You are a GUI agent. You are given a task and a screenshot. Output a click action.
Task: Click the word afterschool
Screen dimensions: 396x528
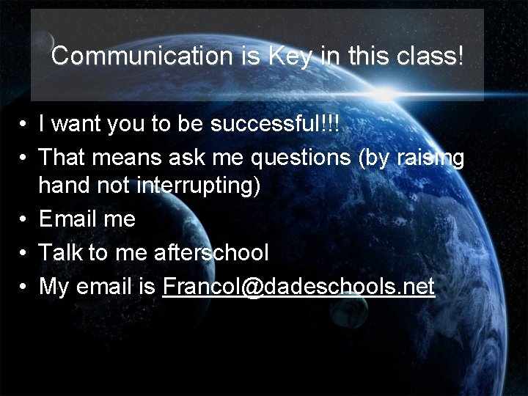(212, 253)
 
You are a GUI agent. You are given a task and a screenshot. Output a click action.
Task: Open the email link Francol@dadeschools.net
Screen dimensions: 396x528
(298, 286)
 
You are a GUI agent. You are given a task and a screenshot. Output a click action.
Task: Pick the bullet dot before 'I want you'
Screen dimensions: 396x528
(24, 125)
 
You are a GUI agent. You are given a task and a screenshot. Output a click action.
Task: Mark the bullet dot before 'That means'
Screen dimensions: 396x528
(24, 157)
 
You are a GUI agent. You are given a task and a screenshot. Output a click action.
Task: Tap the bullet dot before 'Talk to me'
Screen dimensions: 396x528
(24, 254)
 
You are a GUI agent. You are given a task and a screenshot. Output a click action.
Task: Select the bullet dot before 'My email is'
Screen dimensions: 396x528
(24, 287)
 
